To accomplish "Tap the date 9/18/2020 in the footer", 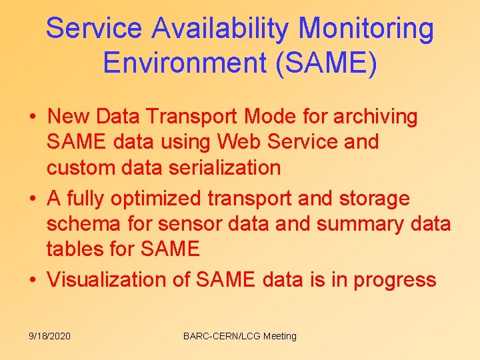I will pos(49,336).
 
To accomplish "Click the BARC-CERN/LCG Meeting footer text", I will pos(240,336).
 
